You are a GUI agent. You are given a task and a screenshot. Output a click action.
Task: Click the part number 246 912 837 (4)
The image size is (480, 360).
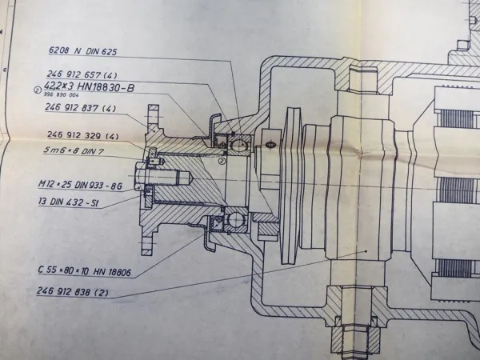point(83,107)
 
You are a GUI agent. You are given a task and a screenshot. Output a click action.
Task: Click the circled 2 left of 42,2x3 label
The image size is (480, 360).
point(37,90)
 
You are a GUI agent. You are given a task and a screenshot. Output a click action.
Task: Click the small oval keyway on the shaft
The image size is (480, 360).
point(270,145)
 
